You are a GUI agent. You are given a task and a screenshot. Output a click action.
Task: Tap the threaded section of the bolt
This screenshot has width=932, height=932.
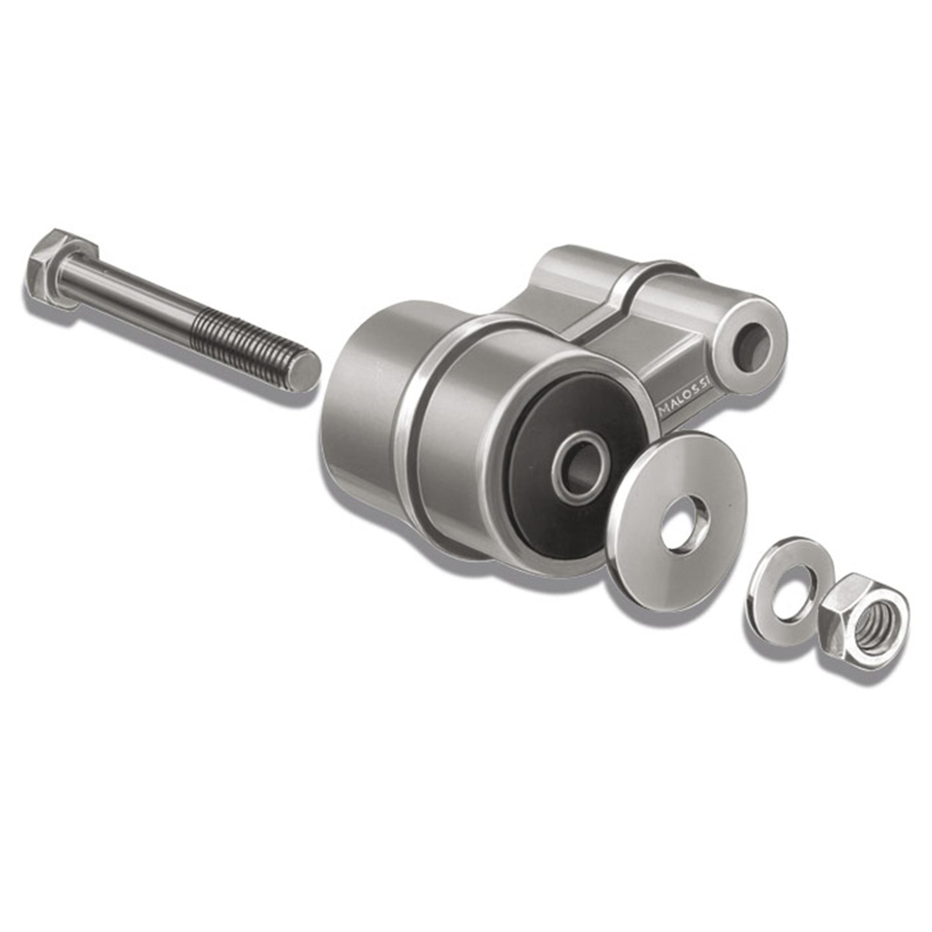click(251, 344)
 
